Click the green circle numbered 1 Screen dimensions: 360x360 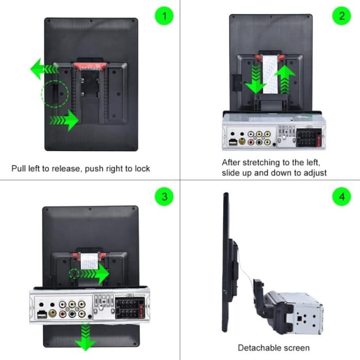(164, 16)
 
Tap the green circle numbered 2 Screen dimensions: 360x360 (341, 16)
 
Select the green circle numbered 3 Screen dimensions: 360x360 (164, 197)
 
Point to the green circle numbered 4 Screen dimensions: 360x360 (341, 197)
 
